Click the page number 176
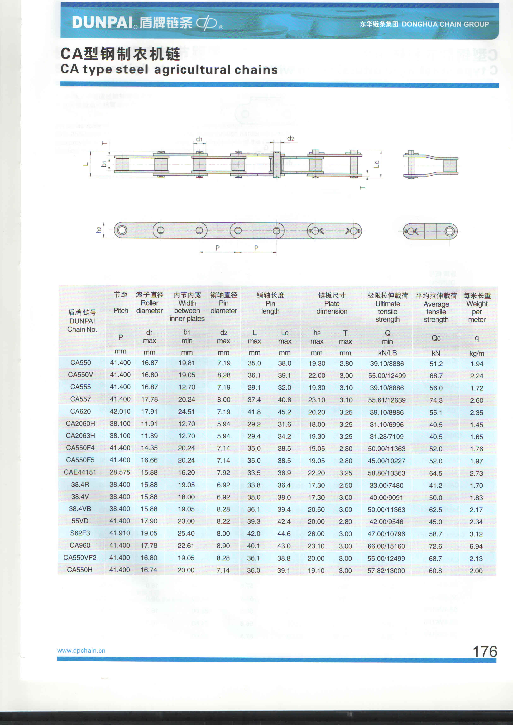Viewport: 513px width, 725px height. pos(485,651)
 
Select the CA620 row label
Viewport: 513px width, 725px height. pos(80,412)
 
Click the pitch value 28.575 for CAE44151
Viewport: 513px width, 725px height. pos(120,472)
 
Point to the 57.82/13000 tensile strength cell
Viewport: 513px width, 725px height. pos(386,571)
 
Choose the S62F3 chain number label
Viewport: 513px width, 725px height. pos(80,533)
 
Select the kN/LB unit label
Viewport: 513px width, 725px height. pos(387,353)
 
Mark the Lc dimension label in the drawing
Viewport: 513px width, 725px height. pos(376,164)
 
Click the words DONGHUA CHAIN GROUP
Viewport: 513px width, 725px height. pos(445,24)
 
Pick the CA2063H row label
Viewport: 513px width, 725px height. pos(80,436)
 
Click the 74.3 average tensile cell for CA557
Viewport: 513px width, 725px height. pos(436,400)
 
